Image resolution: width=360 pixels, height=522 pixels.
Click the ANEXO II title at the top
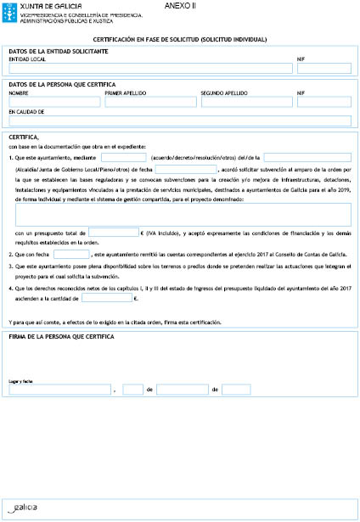[178, 6]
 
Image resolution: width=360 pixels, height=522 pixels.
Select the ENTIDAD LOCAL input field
[149, 69]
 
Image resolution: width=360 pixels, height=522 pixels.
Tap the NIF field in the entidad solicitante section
[323, 69]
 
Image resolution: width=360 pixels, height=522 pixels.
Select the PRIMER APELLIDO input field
[149, 102]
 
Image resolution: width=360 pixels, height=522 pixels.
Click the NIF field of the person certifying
[323, 102]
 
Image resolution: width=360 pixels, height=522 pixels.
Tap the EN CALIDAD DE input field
[179, 120]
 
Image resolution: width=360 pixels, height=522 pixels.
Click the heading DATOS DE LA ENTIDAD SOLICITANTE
[58, 51]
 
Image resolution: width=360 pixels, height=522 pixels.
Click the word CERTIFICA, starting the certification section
[23, 137]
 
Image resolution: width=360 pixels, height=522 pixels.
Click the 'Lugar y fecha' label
[20, 382]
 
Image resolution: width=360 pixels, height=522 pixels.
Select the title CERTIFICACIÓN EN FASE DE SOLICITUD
[179, 39]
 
